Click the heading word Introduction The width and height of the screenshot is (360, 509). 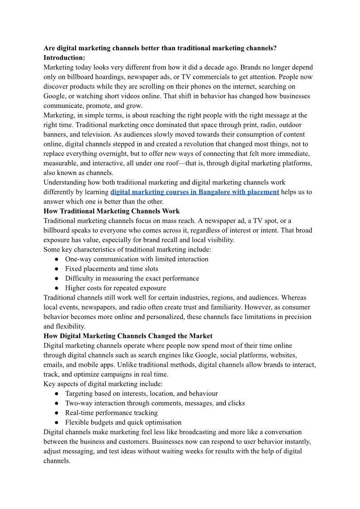[63, 58]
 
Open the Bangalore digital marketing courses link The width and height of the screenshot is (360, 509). [195, 192]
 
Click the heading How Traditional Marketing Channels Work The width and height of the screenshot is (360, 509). [111, 211]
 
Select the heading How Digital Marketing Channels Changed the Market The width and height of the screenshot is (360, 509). [128, 336]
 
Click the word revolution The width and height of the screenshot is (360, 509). [190, 144]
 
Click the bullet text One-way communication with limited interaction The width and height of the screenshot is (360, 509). [137, 259]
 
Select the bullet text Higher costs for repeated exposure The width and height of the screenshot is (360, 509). [115, 288]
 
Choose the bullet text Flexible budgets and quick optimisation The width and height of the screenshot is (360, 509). [123, 422]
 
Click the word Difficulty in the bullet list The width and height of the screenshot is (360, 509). [79, 278]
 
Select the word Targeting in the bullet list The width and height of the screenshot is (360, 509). [80, 393]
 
